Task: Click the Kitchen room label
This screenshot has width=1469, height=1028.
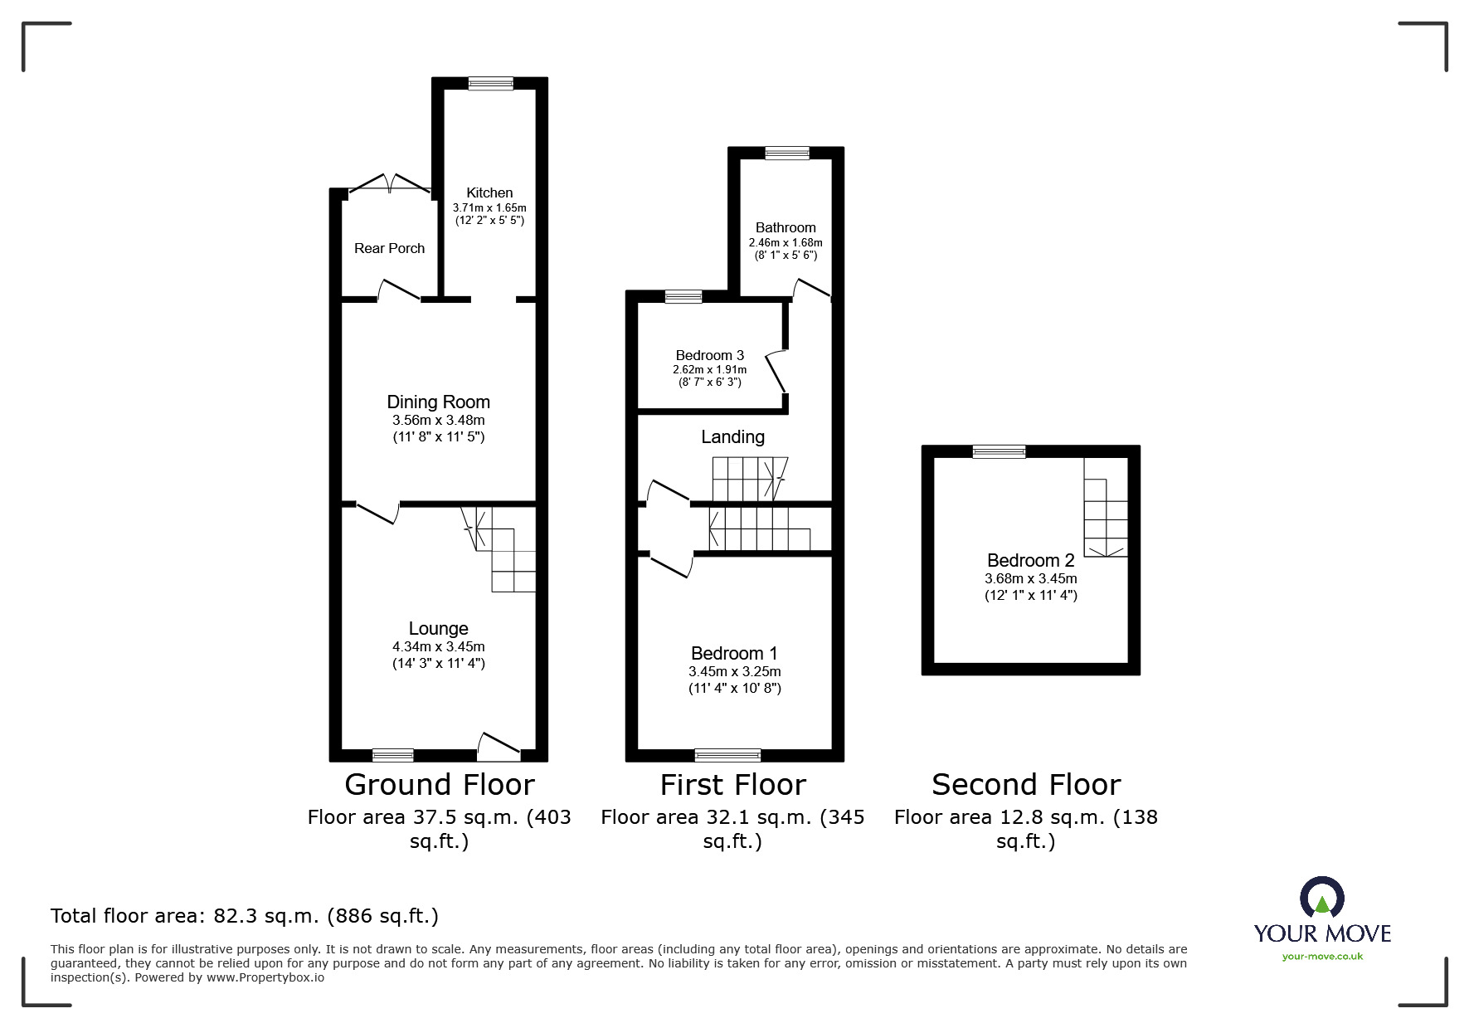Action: coord(489,192)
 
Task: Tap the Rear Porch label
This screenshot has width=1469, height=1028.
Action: coord(389,248)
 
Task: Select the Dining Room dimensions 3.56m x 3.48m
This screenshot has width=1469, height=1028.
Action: coord(438,420)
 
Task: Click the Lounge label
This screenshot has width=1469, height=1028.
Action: coord(438,629)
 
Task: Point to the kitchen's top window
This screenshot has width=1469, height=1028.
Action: coord(490,83)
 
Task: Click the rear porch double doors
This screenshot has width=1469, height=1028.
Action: coord(389,184)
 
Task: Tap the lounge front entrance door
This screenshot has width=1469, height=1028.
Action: coord(499,747)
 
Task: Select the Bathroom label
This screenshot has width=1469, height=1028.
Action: coord(785,227)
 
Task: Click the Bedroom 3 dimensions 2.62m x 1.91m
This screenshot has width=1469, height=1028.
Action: coord(709,369)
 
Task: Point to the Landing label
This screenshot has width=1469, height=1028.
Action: coord(732,436)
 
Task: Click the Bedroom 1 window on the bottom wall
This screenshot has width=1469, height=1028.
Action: coord(727,755)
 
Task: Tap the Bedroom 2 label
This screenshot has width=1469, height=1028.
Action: coord(1030,560)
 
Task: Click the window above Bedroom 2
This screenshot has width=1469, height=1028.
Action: coord(999,451)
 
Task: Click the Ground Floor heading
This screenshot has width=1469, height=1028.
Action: coord(439,784)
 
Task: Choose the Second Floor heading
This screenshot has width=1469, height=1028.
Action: coord(1025,784)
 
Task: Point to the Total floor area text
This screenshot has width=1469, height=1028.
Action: coord(244,916)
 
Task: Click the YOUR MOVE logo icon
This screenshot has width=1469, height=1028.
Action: coord(1321,898)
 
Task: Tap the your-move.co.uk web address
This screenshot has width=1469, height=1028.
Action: coord(1322,957)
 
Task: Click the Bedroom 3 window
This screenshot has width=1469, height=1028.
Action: coord(683,297)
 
